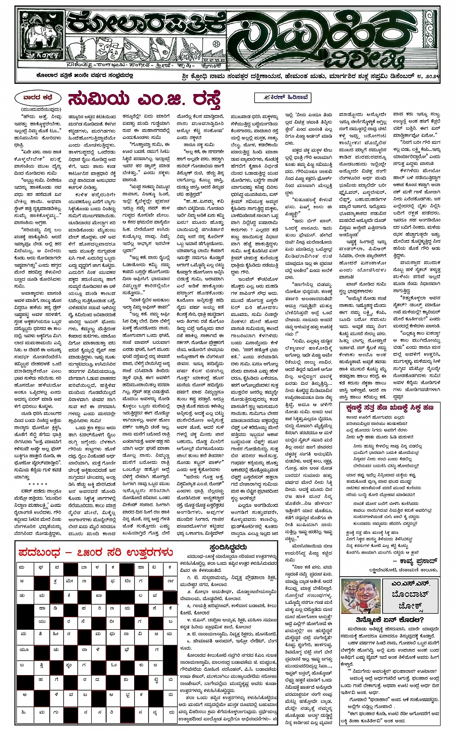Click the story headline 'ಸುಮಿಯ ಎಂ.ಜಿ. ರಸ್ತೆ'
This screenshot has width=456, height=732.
145,99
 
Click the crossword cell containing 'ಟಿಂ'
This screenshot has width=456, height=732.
126,582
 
